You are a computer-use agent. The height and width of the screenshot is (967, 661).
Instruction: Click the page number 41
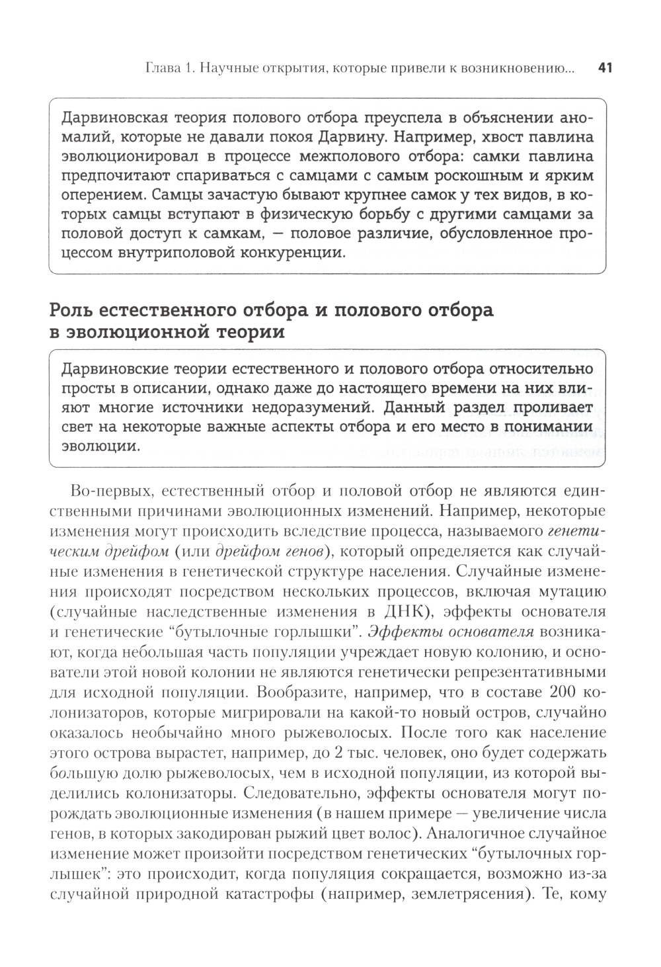click(605, 67)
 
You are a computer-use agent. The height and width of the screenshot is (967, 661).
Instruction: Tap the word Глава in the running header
click(163, 67)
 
